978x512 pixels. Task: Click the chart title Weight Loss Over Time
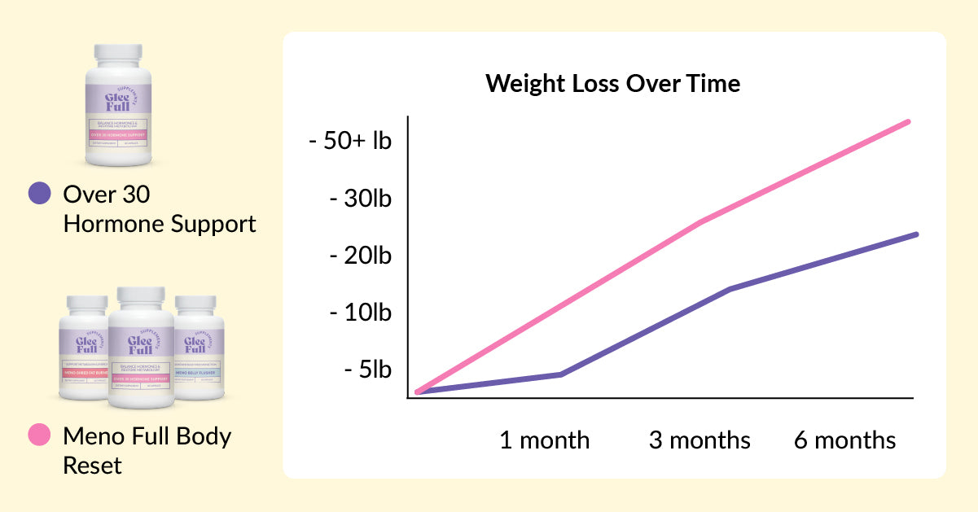(x=612, y=84)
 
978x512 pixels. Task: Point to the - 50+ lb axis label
(x=350, y=141)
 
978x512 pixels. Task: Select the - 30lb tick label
(x=359, y=199)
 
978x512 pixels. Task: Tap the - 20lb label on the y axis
(x=359, y=256)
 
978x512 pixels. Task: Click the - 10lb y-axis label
(x=359, y=313)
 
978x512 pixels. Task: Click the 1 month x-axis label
(x=544, y=440)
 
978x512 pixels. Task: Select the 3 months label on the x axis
(x=699, y=440)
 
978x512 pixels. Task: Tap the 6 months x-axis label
(x=844, y=440)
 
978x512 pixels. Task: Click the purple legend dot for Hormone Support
(x=39, y=194)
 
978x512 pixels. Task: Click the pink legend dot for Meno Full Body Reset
(x=39, y=435)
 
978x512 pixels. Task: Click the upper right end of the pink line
(x=908, y=122)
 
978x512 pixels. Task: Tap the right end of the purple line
(x=916, y=234)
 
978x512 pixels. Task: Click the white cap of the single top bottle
(x=119, y=55)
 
